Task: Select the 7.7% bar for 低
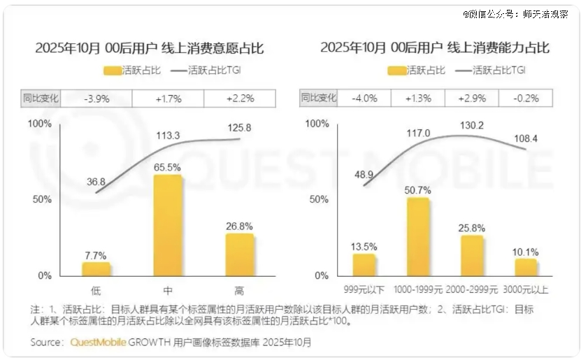[x=96, y=268]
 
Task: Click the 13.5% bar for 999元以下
[x=364, y=264]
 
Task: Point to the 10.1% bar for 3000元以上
[x=526, y=267]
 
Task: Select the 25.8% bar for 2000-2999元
[x=472, y=255]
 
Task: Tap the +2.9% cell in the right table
[x=471, y=99]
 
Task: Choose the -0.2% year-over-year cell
[x=526, y=99]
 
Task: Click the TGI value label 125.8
[x=239, y=128]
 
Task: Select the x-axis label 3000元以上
[x=526, y=289]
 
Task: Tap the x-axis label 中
[x=168, y=289]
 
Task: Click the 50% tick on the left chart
[x=43, y=199]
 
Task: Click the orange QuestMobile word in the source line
[x=97, y=343]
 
